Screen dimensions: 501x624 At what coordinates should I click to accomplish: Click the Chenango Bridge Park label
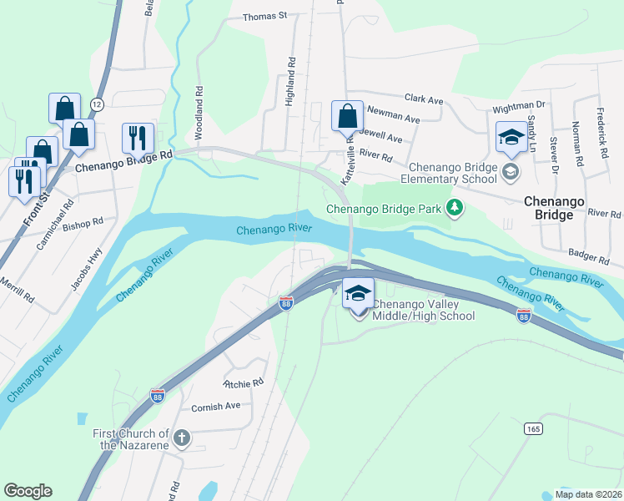[x=384, y=209]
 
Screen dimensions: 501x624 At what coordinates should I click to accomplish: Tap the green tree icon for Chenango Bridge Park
[x=454, y=207]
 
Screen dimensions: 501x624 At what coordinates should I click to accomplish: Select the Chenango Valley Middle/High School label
[x=423, y=310]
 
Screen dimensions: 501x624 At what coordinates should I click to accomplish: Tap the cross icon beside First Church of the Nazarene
[x=183, y=438]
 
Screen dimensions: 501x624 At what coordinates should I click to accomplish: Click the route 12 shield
[x=97, y=104]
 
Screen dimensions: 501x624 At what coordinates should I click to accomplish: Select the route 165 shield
[x=534, y=428]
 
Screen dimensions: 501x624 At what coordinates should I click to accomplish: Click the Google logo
[x=28, y=491]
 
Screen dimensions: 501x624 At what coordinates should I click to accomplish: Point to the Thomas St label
[x=264, y=16]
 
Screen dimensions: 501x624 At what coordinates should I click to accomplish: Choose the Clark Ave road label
[x=424, y=99]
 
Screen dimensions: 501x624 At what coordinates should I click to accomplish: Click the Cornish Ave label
[x=215, y=406]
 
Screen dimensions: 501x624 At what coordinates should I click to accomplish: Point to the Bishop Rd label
[x=83, y=224]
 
